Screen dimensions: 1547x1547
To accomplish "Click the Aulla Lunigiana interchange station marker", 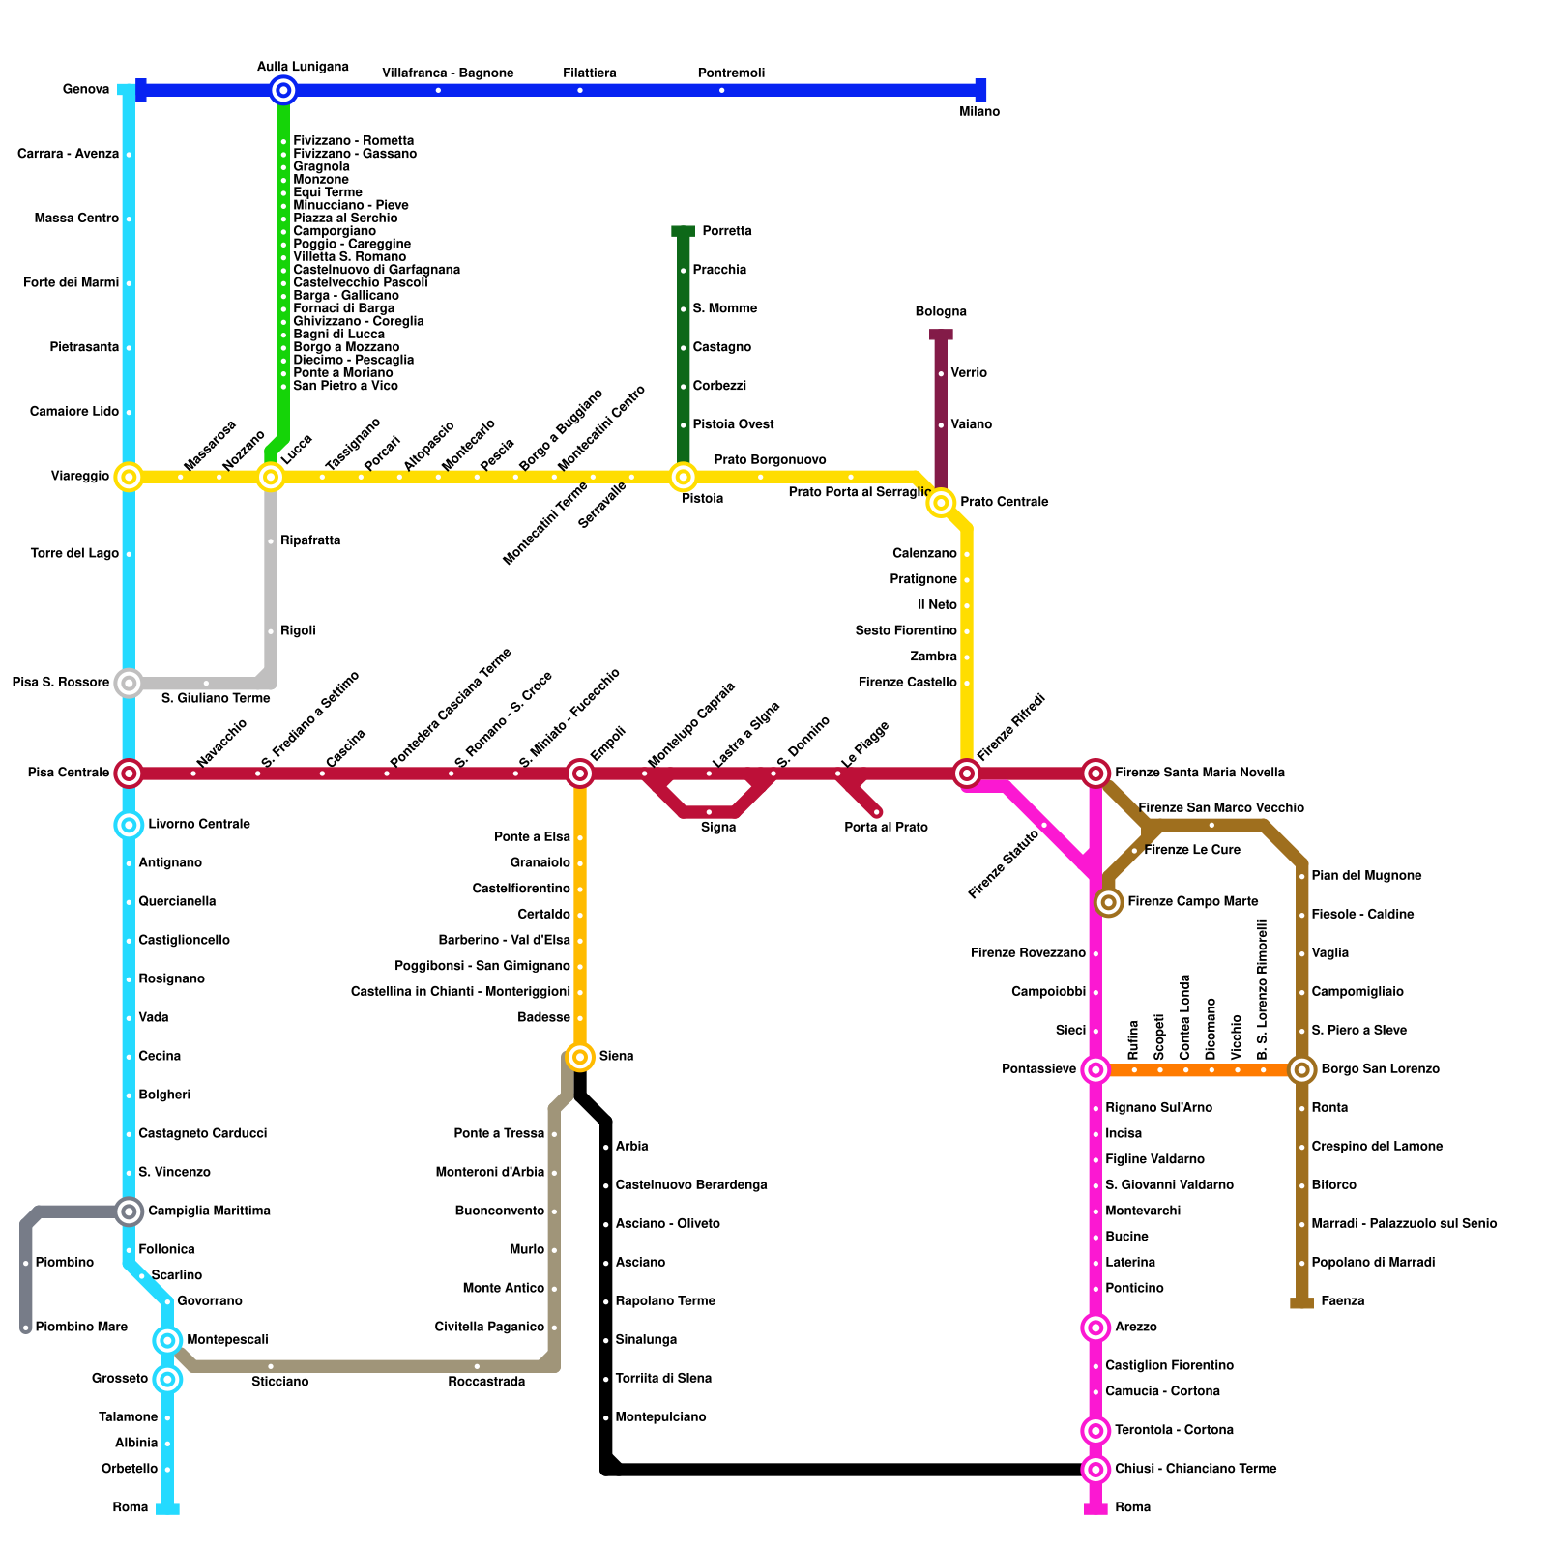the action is coord(283,91).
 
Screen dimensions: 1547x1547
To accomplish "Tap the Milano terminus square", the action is coord(980,90).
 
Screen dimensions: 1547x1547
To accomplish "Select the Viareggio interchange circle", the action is coord(129,477).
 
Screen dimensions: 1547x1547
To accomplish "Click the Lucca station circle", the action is coord(271,477).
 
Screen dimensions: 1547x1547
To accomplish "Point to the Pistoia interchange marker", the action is coord(684,477).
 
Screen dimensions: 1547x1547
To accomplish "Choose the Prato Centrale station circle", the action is coord(941,503).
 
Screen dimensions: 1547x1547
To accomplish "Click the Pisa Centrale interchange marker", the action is coord(129,773).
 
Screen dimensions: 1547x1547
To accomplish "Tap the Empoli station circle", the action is coord(580,773).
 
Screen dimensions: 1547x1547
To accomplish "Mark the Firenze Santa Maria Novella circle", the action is coord(1095,773).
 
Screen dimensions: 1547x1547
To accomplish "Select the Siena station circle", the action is coord(580,1057).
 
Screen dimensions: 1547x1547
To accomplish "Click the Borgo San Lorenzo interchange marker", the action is coord(1302,1069).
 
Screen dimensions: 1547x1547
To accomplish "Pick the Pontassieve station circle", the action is coord(1095,1069).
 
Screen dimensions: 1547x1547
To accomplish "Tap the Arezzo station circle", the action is coord(1095,1328).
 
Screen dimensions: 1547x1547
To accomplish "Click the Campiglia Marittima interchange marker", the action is coord(129,1211).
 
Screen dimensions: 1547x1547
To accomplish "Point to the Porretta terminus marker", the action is coord(684,231).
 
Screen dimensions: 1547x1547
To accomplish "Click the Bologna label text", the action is coord(941,311).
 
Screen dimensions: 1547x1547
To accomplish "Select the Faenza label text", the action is coord(1342,1301).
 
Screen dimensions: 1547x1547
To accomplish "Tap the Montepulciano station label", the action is coord(660,1417).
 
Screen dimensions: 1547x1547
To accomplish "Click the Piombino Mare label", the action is coord(81,1328).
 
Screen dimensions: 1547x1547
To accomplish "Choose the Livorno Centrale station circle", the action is coord(129,825).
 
